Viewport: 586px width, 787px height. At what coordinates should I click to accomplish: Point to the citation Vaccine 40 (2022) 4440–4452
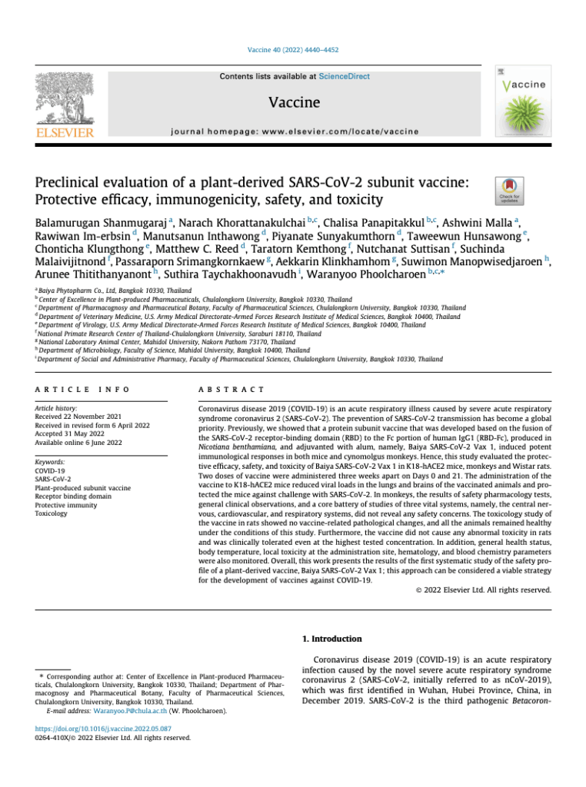point(292,50)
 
